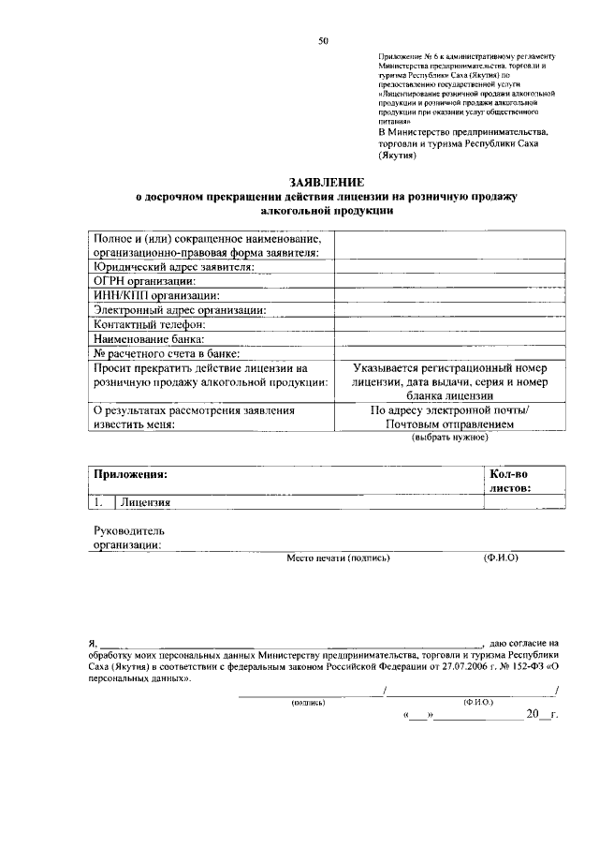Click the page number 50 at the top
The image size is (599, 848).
coord(323,40)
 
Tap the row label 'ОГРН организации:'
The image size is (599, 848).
coord(144,280)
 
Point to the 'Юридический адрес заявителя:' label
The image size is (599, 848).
coord(173,266)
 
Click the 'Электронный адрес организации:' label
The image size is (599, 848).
coord(180,310)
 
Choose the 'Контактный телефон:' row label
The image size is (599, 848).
coord(149,324)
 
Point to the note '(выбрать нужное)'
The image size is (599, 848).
coord(450,438)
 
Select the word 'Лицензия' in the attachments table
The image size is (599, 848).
coord(145,502)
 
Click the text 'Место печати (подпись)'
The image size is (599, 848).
coord(338,558)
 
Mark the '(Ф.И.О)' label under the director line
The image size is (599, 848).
coord(501,558)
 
